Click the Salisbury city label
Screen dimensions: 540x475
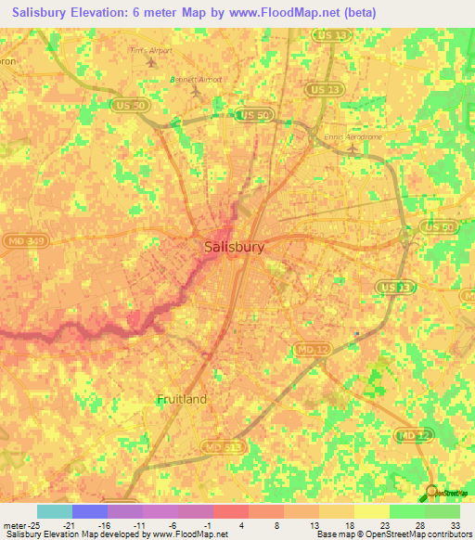click(x=234, y=248)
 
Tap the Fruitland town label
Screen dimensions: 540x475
click(x=182, y=399)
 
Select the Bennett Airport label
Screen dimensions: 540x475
click(x=196, y=80)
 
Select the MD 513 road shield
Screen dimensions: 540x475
click(x=216, y=447)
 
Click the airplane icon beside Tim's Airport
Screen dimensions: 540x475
click(x=150, y=62)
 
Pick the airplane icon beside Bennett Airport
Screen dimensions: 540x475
click(x=195, y=94)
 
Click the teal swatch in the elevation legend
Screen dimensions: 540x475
click(x=55, y=511)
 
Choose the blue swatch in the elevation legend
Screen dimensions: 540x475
click(x=90, y=511)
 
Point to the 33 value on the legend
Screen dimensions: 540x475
click(x=455, y=524)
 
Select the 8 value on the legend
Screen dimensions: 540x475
click(x=278, y=524)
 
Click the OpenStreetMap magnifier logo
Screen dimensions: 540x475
click(x=432, y=493)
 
